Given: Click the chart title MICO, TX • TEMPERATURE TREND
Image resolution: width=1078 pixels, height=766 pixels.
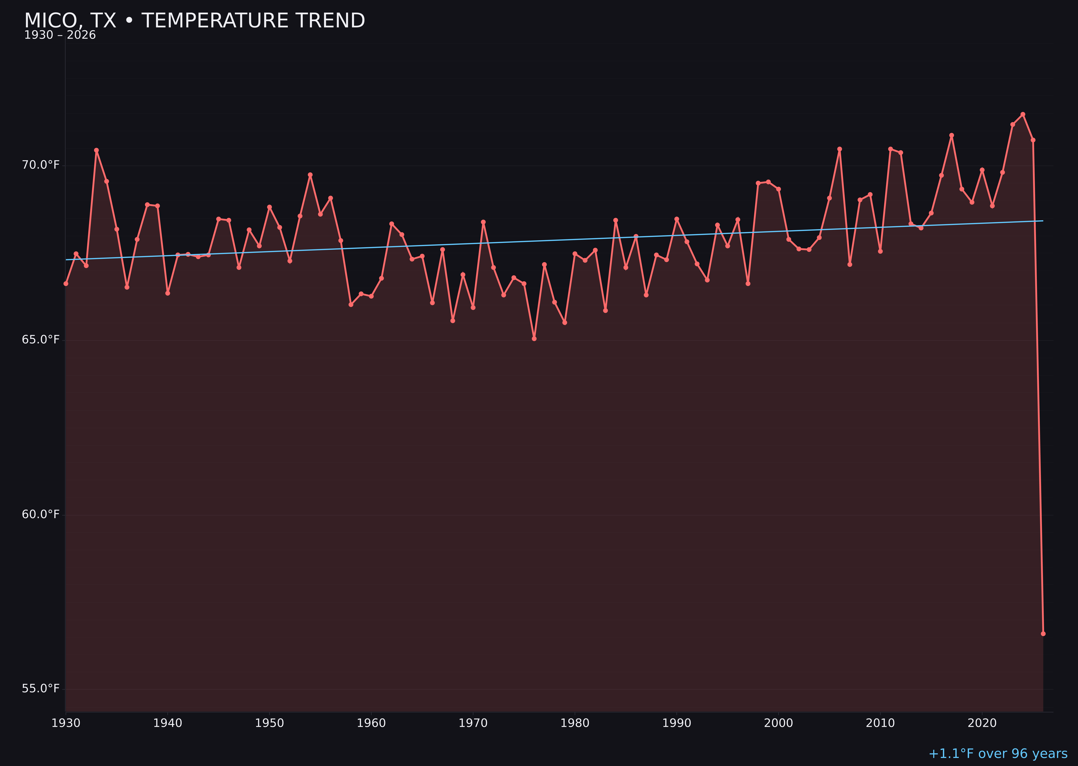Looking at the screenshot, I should coord(195,21).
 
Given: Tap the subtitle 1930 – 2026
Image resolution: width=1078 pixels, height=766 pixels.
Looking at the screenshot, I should coord(60,35).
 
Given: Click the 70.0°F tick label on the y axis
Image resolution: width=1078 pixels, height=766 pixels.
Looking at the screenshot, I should coord(41,165).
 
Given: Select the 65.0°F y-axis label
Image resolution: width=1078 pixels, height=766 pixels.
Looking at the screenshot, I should coord(41,340).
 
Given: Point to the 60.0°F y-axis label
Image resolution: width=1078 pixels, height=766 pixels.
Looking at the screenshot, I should coord(41,514).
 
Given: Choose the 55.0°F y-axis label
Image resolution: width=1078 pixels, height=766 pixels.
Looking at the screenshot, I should coord(41,689).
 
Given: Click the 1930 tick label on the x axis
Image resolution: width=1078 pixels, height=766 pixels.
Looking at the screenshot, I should coord(65,723).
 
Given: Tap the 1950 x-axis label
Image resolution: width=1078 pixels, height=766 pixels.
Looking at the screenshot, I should coord(269,723).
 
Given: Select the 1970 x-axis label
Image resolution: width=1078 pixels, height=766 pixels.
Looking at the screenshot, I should coord(473,723).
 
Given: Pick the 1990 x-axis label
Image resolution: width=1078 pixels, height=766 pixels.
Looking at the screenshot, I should coord(676,723).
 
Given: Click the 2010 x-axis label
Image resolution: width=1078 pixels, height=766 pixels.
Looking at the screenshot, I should coord(880,723).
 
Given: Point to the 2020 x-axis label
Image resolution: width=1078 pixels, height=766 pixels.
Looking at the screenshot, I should coord(982,723).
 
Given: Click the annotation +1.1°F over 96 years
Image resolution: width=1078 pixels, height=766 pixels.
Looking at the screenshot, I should coord(998,754).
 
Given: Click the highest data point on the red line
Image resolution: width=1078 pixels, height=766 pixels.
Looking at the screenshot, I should coord(1023,114).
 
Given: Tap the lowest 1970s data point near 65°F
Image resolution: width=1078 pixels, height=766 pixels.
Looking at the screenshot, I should coord(534,339).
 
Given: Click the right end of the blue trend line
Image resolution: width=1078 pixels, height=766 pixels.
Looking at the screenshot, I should coord(1043,221).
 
